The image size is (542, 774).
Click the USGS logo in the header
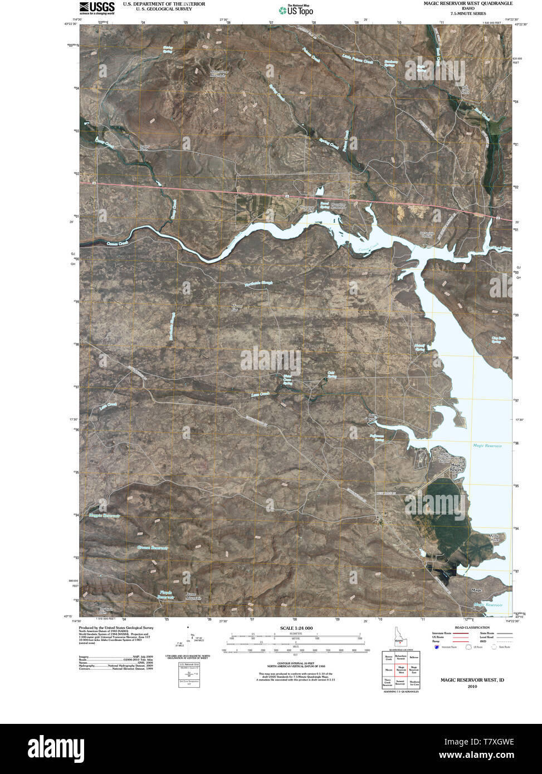[x=97, y=7]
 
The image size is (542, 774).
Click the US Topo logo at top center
[x=296, y=9]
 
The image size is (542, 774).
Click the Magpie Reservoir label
[x=104, y=516]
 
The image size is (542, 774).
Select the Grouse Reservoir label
[x=152, y=548]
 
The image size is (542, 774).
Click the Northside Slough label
[x=259, y=285]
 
